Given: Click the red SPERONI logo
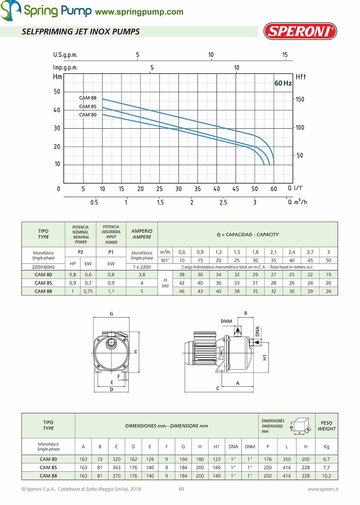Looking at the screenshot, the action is [300, 31].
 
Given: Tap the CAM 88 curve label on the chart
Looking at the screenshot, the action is [88, 98].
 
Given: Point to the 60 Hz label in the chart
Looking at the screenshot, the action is [283, 83].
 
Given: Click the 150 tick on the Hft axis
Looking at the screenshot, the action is [300, 99].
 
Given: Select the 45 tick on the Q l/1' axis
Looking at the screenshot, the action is [235, 189].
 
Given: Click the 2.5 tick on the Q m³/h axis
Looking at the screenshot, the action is [223, 202].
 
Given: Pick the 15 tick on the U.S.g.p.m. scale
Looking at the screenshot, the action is [285, 55].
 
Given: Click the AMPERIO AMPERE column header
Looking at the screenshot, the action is [142, 234].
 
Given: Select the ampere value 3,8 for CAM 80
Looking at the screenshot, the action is [142, 275].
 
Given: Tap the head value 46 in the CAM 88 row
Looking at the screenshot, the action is [182, 291].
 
